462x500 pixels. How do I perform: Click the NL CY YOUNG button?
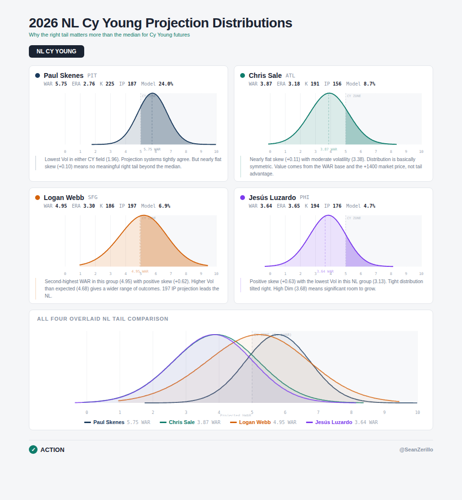click(x=56, y=51)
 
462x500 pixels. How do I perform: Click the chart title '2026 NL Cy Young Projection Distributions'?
click(x=160, y=23)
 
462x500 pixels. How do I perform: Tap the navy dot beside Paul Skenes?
click(x=38, y=75)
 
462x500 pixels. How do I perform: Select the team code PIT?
click(x=92, y=76)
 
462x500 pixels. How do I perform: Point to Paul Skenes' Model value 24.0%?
click(x=166, y=84)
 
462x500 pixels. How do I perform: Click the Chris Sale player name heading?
click(x=265, y=75)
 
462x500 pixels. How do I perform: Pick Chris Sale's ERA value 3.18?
click(x=294, y=84)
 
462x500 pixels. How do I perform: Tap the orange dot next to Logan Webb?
click(x=38, y=198)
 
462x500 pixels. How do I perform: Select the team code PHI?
click(x=305, y=198)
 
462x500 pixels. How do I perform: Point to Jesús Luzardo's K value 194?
click(x=315, y=206)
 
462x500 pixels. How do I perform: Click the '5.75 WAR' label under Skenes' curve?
click(x=152, y=150)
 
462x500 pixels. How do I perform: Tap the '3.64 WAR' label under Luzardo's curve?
click(x=325, y=272)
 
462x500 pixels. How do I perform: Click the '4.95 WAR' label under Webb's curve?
click(x=140, y=272)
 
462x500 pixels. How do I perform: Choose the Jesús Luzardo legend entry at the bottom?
click(x=334, y=422)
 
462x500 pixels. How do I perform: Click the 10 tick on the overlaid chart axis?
click(x=417, y=412)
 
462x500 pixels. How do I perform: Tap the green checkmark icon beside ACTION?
click(x=33, y=450)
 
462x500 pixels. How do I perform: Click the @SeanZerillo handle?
click(x=416, y=450)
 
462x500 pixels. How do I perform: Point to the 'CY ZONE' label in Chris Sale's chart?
click(x=354, y=96)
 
